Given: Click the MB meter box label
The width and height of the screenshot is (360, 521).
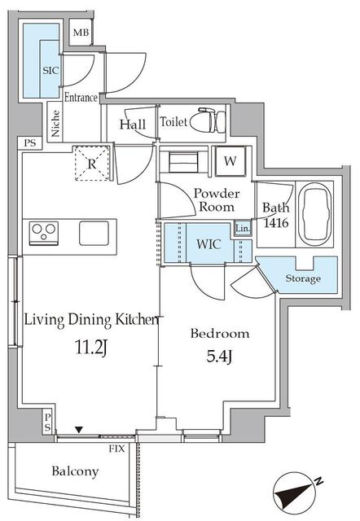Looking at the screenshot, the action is (x=81, y=33).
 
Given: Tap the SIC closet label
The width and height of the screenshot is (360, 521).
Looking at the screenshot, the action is (x=50, y=71).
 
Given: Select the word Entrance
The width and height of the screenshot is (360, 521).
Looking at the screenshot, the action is (x=81, y=98).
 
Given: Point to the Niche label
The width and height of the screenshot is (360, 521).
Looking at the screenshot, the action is (x=55, y=124).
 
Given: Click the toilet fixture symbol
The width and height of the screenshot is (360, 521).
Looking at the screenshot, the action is (x=208, y=120).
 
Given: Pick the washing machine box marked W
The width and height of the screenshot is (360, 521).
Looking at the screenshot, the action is (x=230, y=161).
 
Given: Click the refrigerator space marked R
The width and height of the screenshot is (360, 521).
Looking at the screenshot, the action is (x=92, y=163).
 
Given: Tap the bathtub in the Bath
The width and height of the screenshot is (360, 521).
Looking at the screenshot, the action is (x=315, y=213).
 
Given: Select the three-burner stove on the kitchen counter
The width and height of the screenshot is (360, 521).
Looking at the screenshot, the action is (x=44, y=232).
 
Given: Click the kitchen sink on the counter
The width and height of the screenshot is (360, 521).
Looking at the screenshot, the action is (x=94, y=234).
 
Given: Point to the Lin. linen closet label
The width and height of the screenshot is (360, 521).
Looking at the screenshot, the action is (x=243, y=229).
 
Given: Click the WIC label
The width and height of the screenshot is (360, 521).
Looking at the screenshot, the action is (x=209, y=244).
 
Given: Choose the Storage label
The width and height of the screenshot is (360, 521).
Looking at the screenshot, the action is (x=303, y=278).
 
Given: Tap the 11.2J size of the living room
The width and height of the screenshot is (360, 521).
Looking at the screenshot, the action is (x=91, y=348).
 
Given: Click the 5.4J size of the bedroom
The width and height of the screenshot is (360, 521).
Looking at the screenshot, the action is (x=219, y=357).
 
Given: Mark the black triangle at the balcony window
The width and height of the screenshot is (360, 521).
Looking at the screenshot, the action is (x=78, y=430).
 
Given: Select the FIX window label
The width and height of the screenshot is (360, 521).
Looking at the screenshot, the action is (x=116, y=449).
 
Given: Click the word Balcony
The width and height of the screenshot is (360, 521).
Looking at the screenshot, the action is (x=75, y=472).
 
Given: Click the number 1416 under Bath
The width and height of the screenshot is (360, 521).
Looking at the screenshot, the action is (x=276, y=222).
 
